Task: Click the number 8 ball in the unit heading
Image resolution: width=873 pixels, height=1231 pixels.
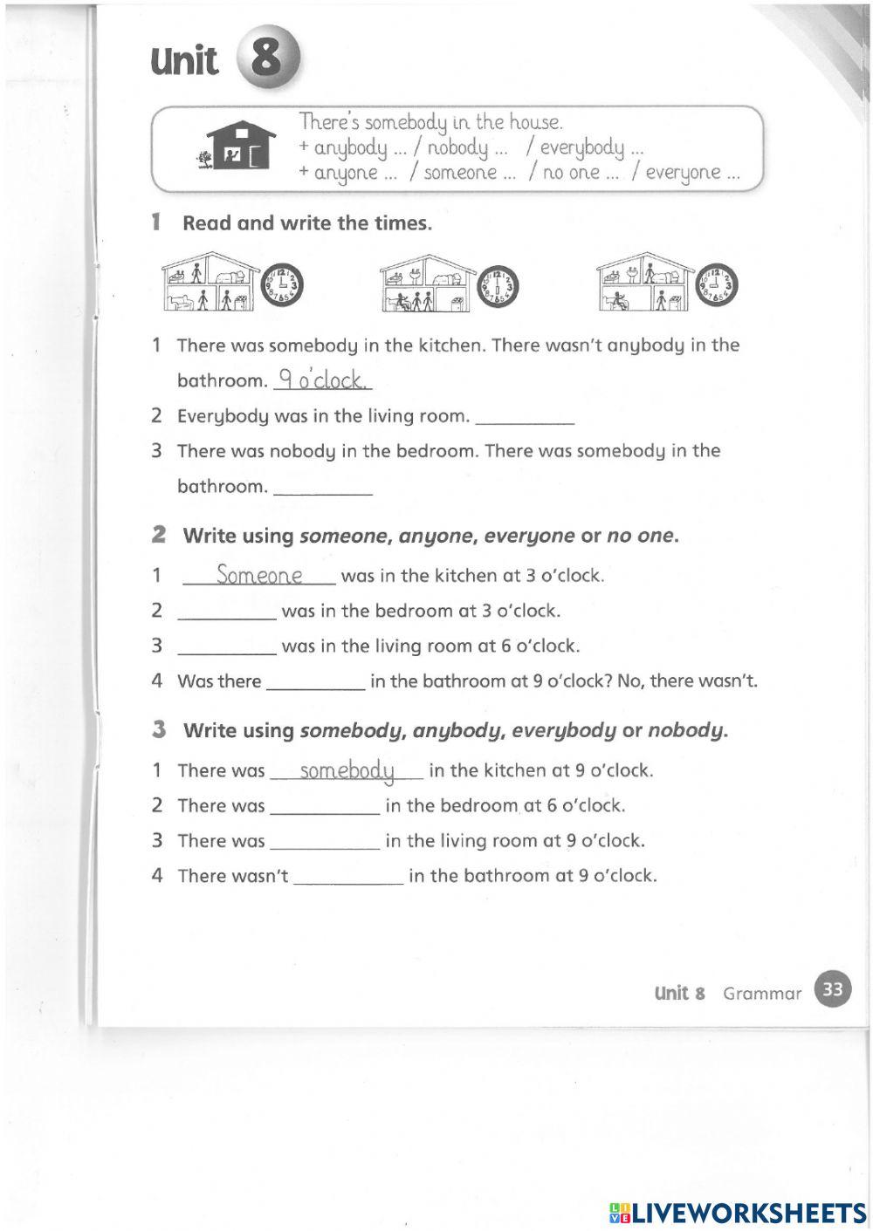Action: [x=267, y=58]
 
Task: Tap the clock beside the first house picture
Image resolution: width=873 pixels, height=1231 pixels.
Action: [x=283, y=285]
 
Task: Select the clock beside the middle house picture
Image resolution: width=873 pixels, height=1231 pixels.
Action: [x=499, y=285]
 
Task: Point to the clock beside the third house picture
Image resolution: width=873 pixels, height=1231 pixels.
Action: [x=717, y=285]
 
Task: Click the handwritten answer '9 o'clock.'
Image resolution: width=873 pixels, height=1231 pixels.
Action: [x=322, y=380]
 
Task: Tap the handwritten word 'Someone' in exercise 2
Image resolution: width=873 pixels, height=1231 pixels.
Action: [x=259, y=575]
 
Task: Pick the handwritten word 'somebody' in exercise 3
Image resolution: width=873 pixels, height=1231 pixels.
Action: [x=347, y=770]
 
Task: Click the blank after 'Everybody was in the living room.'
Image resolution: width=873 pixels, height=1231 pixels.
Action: [x=524, y=417]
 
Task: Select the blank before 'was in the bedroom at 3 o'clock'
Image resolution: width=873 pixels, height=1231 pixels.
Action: [x=226, y=612]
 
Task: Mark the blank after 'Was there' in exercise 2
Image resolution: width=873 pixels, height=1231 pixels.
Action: [x=315, y=683]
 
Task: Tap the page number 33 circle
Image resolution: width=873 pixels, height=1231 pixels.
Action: [x=833, y=989]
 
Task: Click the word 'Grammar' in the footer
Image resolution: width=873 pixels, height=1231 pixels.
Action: [x=761, y=993]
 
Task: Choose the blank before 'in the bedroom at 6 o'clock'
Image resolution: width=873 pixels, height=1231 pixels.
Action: [x=325, y=807]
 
